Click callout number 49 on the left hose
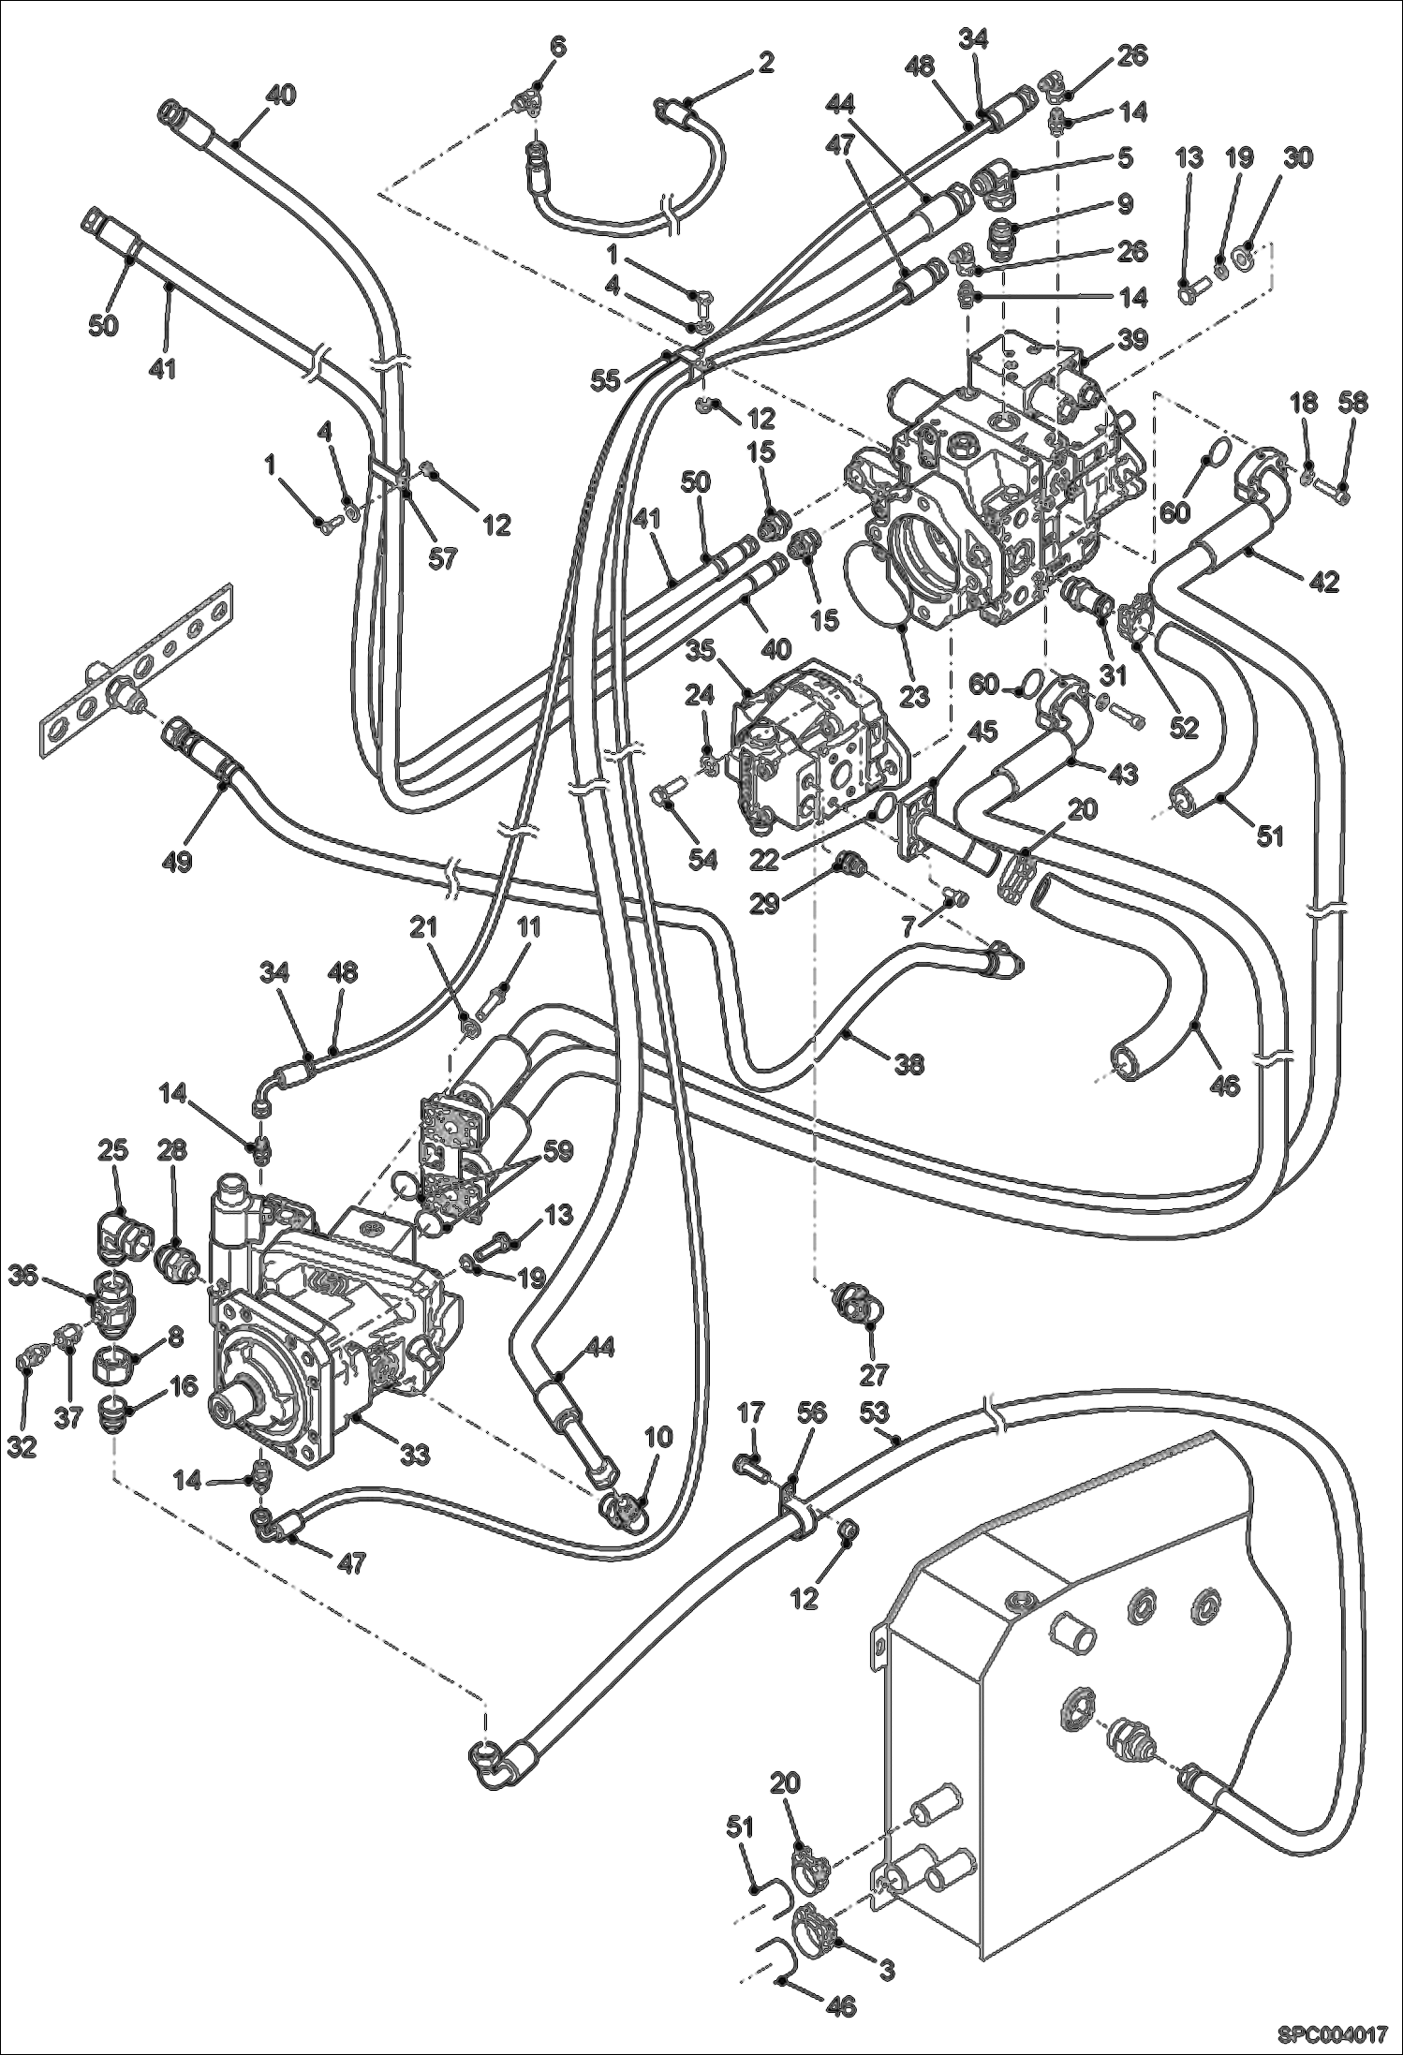[177, 860]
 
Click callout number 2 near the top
[765, 63]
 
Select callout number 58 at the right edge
[1352, 404]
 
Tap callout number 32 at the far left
[22, 1446]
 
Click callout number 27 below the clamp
[872, 1375]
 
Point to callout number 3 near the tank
[885, 1970]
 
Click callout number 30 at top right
[1297, 157]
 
